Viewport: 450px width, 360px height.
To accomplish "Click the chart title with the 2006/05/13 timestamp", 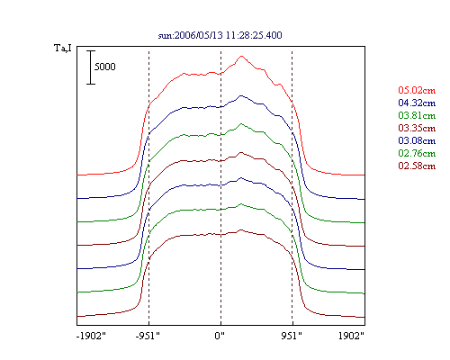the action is pyautogui.click(x=220, y=35).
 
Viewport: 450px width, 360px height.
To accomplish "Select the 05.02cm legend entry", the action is pyautogui.click(x=417, y=90).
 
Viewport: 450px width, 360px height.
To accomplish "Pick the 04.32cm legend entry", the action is pyautogui.click(x=417, y=103).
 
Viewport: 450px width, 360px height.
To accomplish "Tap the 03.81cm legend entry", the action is pyautogui.click(x=417, y=115).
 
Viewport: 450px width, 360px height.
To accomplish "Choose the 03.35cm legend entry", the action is pyautogui.click(x=417, y=128).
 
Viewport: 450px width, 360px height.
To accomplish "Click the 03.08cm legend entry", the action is pyautogui.click(x=417, y=140).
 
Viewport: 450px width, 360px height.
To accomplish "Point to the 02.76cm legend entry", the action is pyautogui.click(x=417, y=153).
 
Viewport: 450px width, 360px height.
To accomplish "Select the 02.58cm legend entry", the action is pyautogui.click(x=417, y=166).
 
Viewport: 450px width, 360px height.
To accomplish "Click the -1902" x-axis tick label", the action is pyautogui.click(x=91, y=336).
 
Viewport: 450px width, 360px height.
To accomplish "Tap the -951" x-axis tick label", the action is pyautogui.click(x=148, y=336).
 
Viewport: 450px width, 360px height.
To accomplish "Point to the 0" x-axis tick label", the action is pyautogui.click(x=220, y=336).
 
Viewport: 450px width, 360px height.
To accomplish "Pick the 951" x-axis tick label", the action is pyautogui.click(x=292, y=336).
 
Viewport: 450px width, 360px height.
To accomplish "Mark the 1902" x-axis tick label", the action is pyautogui.click(x=351, y=336).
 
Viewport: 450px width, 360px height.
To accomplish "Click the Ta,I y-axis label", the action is pyautogui.click(x=63, y=49).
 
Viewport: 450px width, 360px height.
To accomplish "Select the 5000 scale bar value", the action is pyautogui.click(x=104, y=67).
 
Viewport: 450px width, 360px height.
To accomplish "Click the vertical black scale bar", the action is pyautogui.click(x=91, y=67).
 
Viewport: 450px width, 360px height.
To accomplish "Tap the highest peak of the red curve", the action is pyautogui.click(x=241, y=56).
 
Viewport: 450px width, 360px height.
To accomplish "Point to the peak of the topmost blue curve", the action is pyautogui.click(x=240, y=95).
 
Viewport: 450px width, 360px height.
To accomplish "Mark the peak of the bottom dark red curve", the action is pyautogui.click(x=241, y=230).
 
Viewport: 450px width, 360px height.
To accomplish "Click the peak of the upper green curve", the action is pyautogui.click(x=240, y=123).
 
